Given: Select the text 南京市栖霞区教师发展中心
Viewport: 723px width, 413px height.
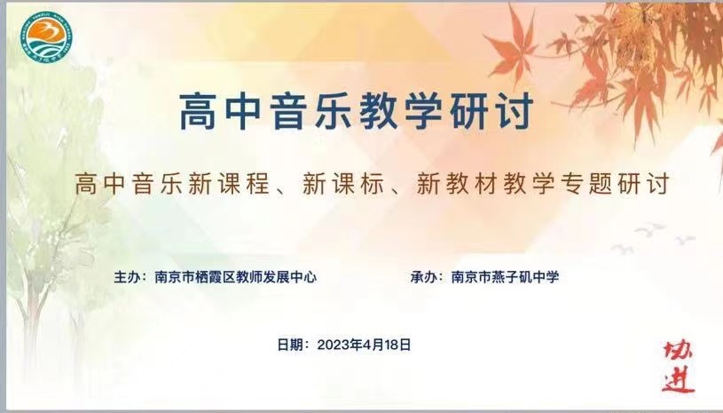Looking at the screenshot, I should pos(235,277).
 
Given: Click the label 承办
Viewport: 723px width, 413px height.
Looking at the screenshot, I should pos(424,277).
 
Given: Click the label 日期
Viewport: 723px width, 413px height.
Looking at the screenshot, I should pos(289,345).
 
